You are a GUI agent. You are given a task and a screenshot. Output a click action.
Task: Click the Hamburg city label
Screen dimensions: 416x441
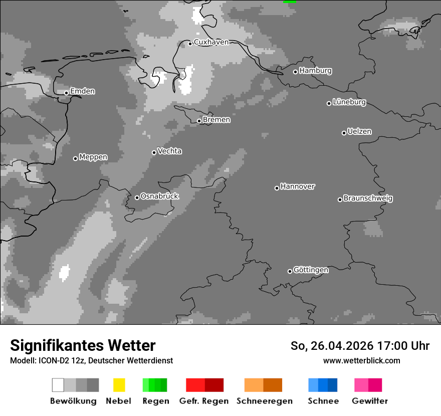click(x=315, y=71)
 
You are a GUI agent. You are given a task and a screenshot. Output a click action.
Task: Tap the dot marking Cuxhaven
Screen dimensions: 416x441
click(x=190, y=44)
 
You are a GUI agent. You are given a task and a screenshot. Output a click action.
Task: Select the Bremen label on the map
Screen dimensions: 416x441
click(x=216, y=120)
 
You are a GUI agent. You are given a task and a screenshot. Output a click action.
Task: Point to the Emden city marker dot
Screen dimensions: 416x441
click(x=66, y=93)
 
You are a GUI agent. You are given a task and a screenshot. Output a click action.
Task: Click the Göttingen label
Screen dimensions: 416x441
click(x=311, y=270)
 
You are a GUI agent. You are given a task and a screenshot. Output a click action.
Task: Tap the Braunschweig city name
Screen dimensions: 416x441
click(x=368, y=198)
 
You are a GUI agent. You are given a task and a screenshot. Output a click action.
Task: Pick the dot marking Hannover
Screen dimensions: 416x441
click(x=277, y=188)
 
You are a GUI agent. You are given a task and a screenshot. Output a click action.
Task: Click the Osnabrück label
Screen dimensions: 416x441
click(x=159, y=196)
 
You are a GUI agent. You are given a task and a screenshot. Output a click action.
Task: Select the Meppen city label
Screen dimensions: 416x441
click(x=93, y=157)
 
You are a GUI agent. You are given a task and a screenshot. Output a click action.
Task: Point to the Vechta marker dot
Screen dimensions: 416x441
click(x=154, y=152)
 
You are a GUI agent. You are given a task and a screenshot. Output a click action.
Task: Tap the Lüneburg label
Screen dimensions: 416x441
click(x=349, y=102)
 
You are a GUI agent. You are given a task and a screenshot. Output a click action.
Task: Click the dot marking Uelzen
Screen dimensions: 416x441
click(x=344, y=133)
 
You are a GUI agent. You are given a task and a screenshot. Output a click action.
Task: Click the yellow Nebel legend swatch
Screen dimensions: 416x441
click(x=119, y=385)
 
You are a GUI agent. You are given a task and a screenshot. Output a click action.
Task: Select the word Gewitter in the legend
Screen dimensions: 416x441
click(x=370, y=401)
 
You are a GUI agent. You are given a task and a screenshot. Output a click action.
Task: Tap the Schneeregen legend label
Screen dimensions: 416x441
click(x=265, y=401)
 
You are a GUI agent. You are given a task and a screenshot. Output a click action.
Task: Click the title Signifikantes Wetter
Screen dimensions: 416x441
click(x=83, y=345)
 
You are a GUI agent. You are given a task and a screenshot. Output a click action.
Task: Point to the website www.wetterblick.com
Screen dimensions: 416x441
click(x=361, y=360)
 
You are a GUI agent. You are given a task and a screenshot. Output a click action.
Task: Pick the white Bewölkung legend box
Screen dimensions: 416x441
click(x=58, y=385)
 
